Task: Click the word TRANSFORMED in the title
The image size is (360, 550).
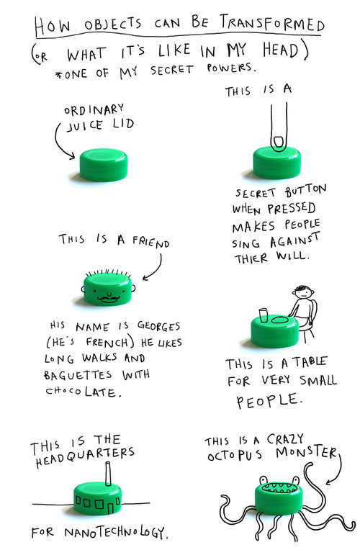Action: (x=272, y=23)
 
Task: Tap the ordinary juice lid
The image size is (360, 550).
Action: (x=104, y=165)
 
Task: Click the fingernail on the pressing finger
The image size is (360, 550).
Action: (x=279, y=143)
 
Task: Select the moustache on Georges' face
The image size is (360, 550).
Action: (x=108, y=299)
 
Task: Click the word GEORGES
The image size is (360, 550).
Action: (x=158, y=326)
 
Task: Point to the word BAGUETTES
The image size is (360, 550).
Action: (x=78, y=374)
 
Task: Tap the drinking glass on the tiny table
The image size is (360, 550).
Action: (x=264, y=315)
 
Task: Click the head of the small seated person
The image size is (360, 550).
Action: (x=304, y=292)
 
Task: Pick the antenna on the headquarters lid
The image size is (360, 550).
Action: (x=108, y=474)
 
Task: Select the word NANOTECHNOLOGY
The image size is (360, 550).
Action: (x=116, y=533)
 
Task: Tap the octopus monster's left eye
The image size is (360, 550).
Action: (x=264, y=479)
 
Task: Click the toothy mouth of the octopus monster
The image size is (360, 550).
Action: (x=279, y=487)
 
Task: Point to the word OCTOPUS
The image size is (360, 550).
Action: (x=235, y=455)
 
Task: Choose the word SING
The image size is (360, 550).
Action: (x=246, y=243)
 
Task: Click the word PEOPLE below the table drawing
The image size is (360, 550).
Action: (x=269, y=400)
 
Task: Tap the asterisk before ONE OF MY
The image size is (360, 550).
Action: (x=58, y=75)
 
